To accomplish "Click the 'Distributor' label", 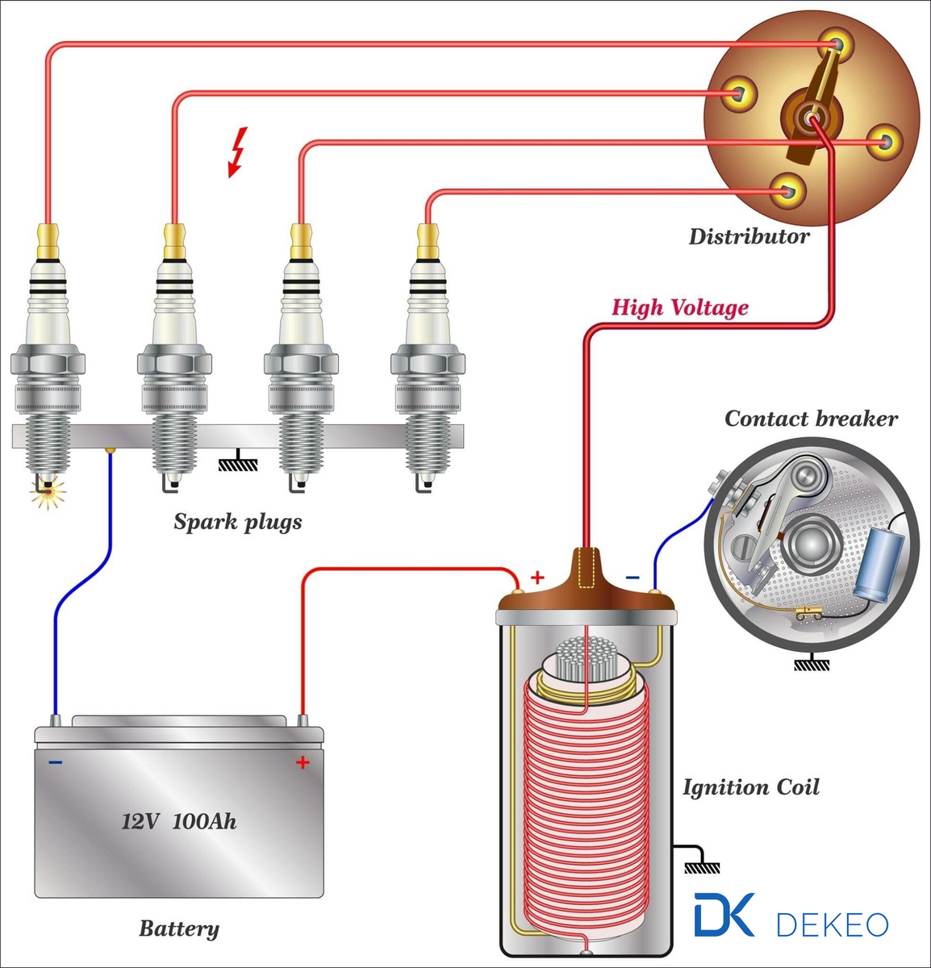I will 749,236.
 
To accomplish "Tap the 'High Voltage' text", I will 679,307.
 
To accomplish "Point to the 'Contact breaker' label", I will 810,419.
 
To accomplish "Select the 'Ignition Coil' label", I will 750,787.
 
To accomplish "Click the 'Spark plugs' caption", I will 238,522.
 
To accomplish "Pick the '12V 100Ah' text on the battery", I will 179,822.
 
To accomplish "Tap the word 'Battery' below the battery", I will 178,928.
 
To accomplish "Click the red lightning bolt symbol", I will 237,151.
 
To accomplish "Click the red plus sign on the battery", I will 303,762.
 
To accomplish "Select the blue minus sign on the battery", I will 55,762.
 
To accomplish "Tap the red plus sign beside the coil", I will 537,578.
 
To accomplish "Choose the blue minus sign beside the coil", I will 632,578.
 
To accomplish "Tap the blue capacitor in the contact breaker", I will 878,564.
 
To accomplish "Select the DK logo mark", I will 724,915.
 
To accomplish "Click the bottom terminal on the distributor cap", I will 787,190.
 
